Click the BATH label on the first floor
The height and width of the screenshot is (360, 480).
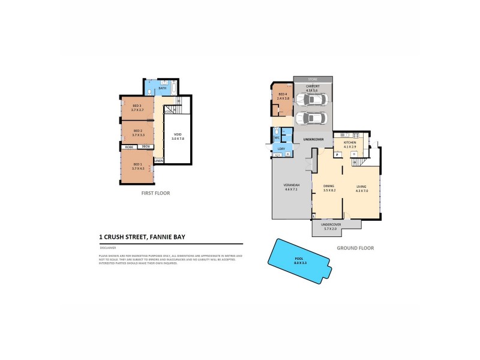click(162, 89)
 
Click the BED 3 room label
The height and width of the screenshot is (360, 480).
click(137, 106)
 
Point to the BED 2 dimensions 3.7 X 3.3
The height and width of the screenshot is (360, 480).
click(137, 134)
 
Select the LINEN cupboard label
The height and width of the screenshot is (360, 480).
click(158, 161)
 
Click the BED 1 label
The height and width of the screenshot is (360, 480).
click(137, 164)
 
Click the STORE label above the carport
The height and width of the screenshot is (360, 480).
click(313, 79)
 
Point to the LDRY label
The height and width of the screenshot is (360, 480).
click(281, 148)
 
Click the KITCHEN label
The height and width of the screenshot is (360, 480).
click(350, 142)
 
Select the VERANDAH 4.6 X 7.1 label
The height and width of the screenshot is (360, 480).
click(291, 187)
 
